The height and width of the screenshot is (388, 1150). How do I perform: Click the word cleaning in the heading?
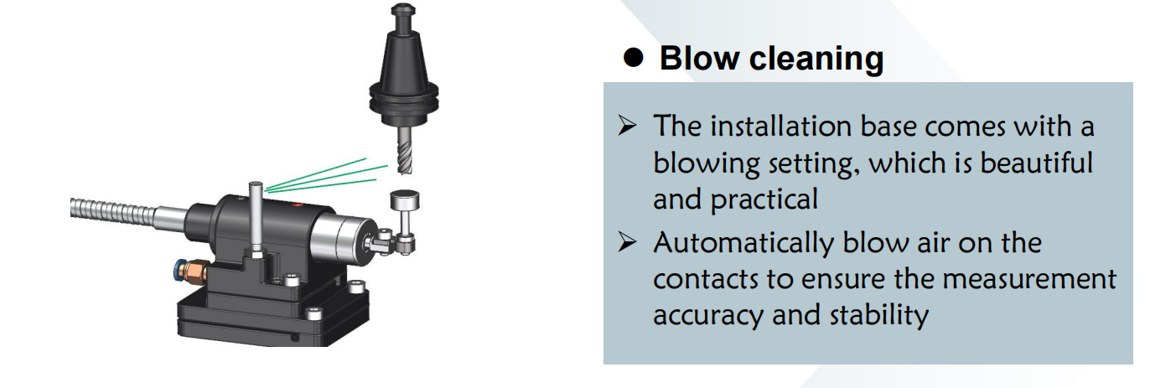pos(815,59)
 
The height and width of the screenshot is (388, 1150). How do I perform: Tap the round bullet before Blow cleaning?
pos(635,57)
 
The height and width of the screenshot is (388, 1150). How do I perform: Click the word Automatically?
pos(740,243)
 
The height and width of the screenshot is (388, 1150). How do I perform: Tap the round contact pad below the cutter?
pos(403,201)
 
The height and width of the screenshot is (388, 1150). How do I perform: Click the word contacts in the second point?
pos(712,279)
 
